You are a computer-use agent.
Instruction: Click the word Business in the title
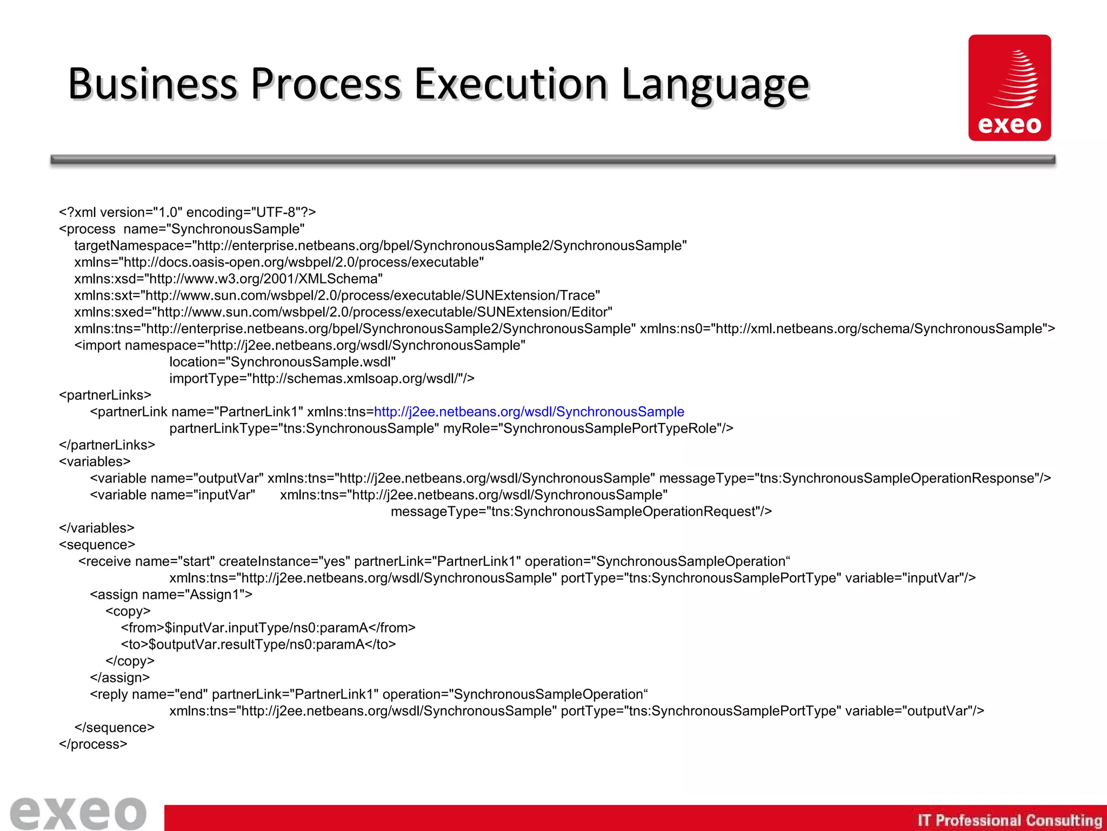tap(152, 84)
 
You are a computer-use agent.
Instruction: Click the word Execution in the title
tap(511, 84)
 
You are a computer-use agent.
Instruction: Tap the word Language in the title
tap(715, 85)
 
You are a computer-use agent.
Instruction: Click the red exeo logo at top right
tap(1009, 88)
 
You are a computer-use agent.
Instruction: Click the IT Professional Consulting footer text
tap(1009, 820)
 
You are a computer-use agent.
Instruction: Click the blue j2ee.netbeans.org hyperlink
tap(529, 412)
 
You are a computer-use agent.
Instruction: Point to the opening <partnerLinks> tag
tap(105, 395)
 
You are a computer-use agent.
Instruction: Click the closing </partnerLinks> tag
tap(107, 445)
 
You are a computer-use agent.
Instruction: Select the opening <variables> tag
tap(95, 461)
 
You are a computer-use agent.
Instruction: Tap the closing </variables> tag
tap(97, 528)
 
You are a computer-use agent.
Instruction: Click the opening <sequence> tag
tap(97, 545)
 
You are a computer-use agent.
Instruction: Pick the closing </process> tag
tap(93, 744)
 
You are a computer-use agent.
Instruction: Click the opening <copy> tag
tap(128, 611)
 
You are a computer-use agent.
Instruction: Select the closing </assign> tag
tap(120, 678)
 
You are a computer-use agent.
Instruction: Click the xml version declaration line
tap(187, 212)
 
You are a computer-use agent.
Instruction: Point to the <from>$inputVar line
tap(268, 628)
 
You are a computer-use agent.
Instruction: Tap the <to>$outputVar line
tap(258, 644)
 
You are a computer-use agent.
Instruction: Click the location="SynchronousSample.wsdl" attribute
tap(282, 362)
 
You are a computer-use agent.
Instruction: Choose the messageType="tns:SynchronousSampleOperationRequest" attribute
tap(581, 512)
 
